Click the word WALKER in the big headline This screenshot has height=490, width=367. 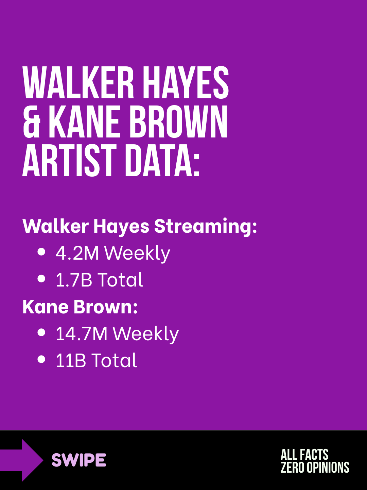(78, 82)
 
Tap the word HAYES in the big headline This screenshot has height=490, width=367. (186, 82)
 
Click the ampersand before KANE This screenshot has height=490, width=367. (32, 122)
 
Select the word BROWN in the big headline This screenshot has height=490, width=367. (178, 122)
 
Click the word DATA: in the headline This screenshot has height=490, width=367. (162, 161)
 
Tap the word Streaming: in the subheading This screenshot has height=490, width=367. (206, 227)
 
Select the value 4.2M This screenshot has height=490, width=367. (77, 253)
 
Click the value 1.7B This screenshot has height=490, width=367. (74, 280)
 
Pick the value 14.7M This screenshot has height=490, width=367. (82, 334)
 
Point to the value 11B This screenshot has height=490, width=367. (71, 360)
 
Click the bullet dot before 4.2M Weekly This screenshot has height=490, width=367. (41, 252)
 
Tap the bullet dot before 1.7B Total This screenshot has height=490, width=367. (41, 279)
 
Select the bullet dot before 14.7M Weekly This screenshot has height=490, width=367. (41, 332)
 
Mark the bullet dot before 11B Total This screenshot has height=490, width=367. (41, 359)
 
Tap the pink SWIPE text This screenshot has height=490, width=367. (79, 460)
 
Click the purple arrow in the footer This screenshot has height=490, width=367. (22, 460)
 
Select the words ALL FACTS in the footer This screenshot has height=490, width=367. (304, 454)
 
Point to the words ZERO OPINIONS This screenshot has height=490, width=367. (315, 467)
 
